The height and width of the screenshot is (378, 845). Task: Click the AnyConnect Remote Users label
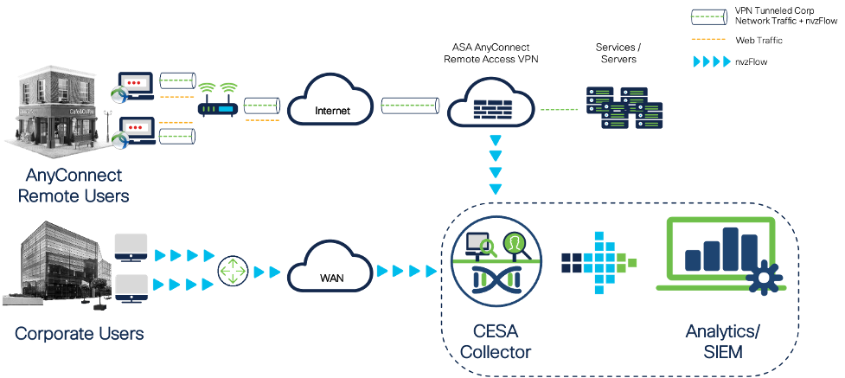click(73, 186)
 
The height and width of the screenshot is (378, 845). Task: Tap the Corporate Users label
click(79, 333)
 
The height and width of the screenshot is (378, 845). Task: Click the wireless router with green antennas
click(217, 100)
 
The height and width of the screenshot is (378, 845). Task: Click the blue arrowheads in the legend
click(711, 61)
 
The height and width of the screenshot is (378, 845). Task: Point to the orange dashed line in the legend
click(708, 38)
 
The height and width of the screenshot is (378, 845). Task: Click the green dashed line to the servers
click(560, 110)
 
